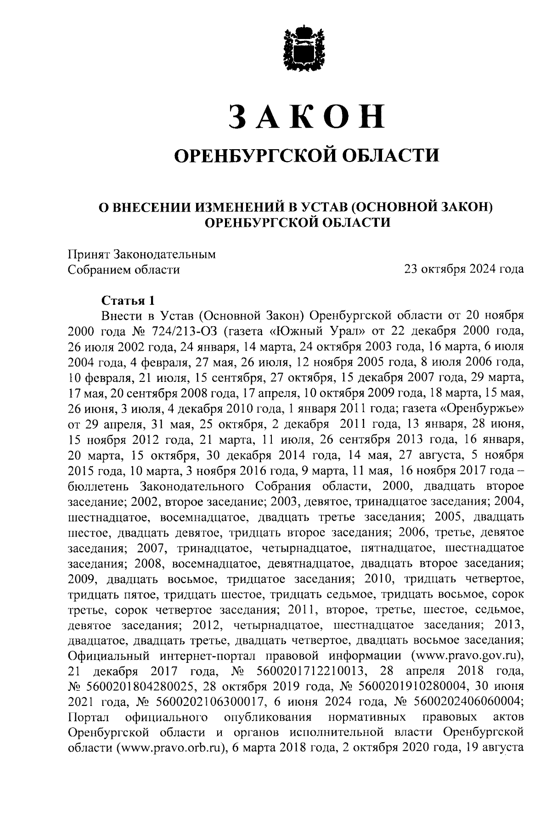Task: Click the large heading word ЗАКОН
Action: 306,116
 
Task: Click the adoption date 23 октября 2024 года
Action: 464,269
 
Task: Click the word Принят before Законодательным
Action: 88,254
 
